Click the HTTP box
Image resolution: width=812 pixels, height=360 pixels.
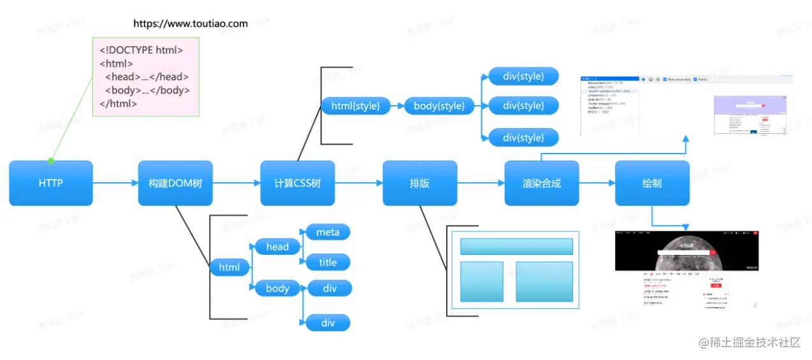click(x=51, y=183)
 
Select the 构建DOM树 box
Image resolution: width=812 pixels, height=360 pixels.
click(x=175, y=183)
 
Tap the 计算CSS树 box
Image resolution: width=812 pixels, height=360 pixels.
click(x=297, y=183)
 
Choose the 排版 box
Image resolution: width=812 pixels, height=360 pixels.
click(x=419, y=183)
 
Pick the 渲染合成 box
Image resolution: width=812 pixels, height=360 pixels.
click(x=541, y=183)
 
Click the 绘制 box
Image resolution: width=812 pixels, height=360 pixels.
click(x=652, y=183)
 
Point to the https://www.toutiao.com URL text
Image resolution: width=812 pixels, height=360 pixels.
click(x=190, y=24)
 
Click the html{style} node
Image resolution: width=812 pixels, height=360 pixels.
click(x=355, y=106)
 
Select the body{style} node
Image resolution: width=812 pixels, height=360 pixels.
click(x=439, y=106)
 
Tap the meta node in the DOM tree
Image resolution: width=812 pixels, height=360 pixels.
click(x=328, y=232)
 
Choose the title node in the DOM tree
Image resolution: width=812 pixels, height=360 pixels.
click(x=328, y=262)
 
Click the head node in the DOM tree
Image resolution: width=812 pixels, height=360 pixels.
click(x=277, y=247)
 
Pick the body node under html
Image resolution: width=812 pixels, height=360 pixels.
click(x=277, y=288)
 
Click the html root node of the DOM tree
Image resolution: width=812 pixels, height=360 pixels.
click(x=229, y=267)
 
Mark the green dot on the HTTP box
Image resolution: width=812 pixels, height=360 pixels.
click(x=51, y=161)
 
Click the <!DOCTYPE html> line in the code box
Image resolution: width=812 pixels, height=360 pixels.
click(x=141, y=50)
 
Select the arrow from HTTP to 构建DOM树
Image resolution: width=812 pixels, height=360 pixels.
click(x=115, y=183)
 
